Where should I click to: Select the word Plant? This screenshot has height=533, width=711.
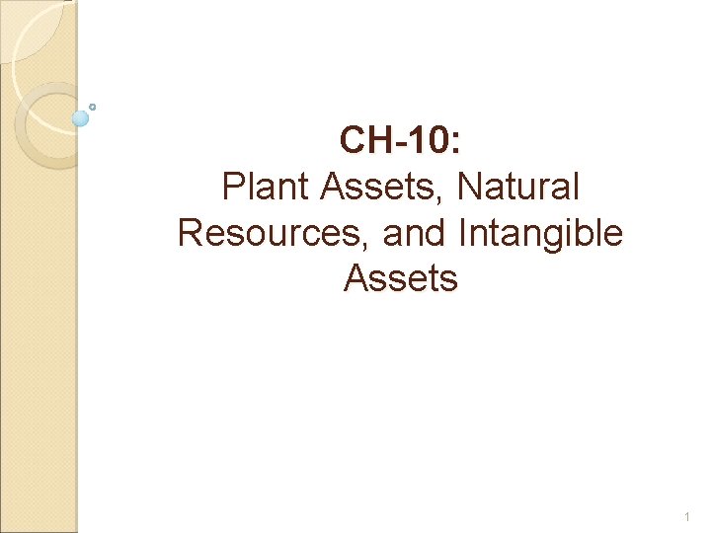coord(261,186)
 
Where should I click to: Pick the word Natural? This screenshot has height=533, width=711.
coord(519,186)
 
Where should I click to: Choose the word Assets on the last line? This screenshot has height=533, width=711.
coord(401,278)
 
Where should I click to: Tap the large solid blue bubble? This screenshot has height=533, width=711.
coord(81,118)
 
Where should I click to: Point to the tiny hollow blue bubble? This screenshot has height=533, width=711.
coord(93,106)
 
